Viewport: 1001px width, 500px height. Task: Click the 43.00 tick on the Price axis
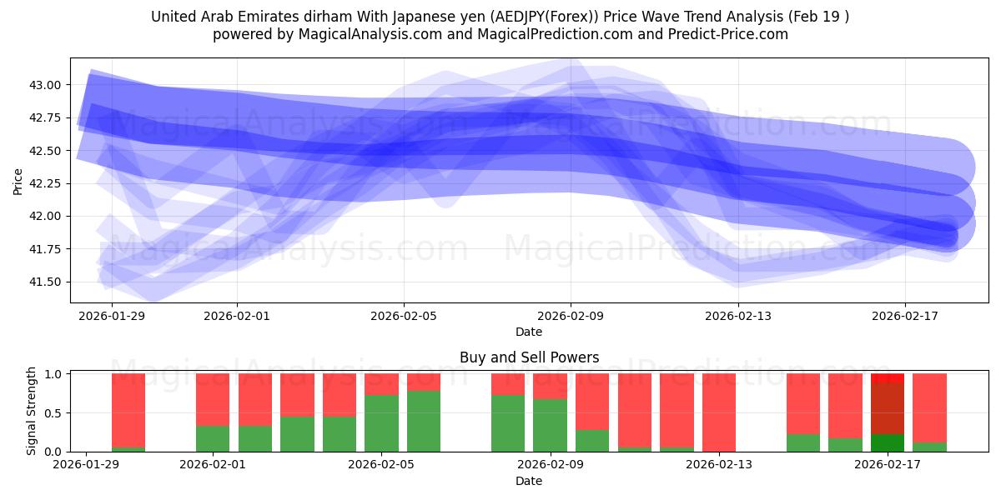(x=46, y=85)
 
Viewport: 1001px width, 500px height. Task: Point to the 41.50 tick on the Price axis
(x=46, y=282)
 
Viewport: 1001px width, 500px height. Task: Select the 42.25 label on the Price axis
(x=46, y=183)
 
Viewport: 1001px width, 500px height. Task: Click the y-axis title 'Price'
(x=18, y=181)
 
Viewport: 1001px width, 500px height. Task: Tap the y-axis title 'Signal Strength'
(x=32, y=411)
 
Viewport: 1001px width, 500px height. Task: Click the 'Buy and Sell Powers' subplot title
(x=529, y=357)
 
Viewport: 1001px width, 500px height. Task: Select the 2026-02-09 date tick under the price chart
(x=571, y=316)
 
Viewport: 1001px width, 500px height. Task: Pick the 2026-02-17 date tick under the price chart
(x=905, y=316)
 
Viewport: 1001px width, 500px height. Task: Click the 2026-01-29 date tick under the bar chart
(x=86, y=465)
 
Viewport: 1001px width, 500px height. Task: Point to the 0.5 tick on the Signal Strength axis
(x=53, y=413)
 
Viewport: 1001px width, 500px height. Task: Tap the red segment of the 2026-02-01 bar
(x=213, y=399)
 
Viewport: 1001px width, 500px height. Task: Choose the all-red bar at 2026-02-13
(x=719, y=412)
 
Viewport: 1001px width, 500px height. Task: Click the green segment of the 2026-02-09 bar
(x=550, y=425)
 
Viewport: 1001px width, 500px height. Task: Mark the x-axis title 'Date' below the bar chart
(x=529, y=481)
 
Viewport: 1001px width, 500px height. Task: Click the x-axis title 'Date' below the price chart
(x=529, y=332)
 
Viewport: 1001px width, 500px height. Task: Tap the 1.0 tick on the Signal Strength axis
(x=53, y=374)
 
